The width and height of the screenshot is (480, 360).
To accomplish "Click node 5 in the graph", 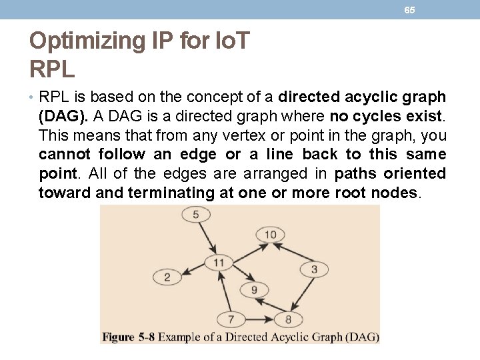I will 195,214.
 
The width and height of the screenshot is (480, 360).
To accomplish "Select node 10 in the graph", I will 270,234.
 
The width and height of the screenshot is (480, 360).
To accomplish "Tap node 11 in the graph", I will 219,262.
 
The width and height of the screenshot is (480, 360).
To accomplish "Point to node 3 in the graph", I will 314,269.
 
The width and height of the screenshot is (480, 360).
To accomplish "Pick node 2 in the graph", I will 167,277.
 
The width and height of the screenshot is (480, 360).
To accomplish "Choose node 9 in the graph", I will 254,290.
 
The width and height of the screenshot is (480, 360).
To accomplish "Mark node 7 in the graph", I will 231,319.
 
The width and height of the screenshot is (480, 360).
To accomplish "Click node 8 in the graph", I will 288,319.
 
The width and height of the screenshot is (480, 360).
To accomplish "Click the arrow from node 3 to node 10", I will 293,253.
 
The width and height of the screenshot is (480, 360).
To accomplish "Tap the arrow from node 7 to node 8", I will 259,319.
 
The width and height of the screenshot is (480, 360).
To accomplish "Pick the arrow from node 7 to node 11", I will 225,291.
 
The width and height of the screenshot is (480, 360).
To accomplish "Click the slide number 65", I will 409,10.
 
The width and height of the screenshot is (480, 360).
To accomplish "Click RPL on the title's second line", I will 52,68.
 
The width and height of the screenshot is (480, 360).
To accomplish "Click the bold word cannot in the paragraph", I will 65,155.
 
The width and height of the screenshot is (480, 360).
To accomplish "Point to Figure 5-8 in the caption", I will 128,337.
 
